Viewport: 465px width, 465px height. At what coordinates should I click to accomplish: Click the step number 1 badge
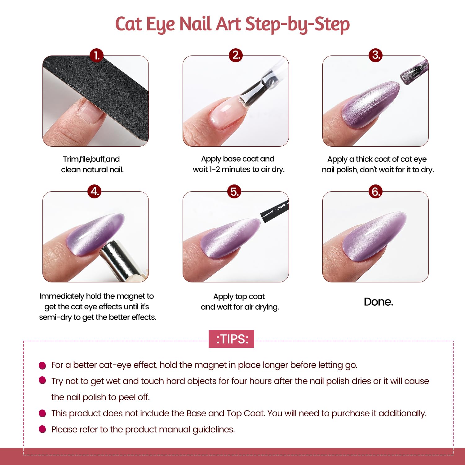pos(96,55)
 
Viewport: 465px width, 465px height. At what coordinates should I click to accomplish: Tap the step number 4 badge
pos(95,191)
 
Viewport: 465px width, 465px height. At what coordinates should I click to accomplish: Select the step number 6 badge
pos(375,191)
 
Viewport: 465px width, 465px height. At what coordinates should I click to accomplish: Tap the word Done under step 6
pos(379,302)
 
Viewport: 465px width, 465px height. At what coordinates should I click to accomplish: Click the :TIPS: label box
pos(231,339)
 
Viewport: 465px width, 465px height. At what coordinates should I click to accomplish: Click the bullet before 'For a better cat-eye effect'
pos(42,365)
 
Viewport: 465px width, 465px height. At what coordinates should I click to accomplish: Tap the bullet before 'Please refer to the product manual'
pos(42,429)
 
